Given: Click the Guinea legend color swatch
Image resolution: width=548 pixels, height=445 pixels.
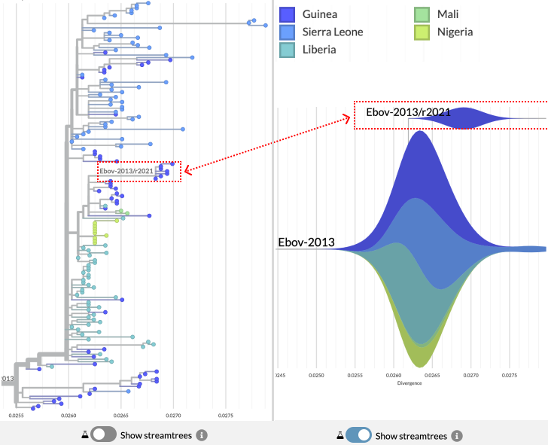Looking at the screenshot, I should [x=287, y=14].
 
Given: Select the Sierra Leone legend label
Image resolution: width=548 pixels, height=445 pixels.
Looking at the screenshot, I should [x=333, y=32].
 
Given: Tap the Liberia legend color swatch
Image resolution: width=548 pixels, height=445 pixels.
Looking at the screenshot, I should [x=287, y=49].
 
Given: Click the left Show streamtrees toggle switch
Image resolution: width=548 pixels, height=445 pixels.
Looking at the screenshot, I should [x=104, y=435].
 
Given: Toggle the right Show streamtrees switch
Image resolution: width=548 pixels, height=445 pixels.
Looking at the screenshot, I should [x=358, y=435].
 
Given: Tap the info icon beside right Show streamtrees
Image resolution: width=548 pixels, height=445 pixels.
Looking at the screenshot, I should [x=457, y=435].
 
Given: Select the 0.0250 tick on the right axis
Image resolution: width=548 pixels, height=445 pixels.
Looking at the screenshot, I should [x=317, y=374].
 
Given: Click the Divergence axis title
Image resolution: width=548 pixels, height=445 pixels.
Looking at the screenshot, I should [x=410, y=383].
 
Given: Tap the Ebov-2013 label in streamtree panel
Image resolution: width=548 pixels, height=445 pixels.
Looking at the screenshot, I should [x=306, y=243].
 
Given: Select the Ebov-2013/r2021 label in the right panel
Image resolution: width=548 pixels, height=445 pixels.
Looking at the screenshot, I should [x=408, y=112].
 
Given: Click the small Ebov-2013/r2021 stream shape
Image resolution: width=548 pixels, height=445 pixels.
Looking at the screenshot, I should [x=469, y=118].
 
